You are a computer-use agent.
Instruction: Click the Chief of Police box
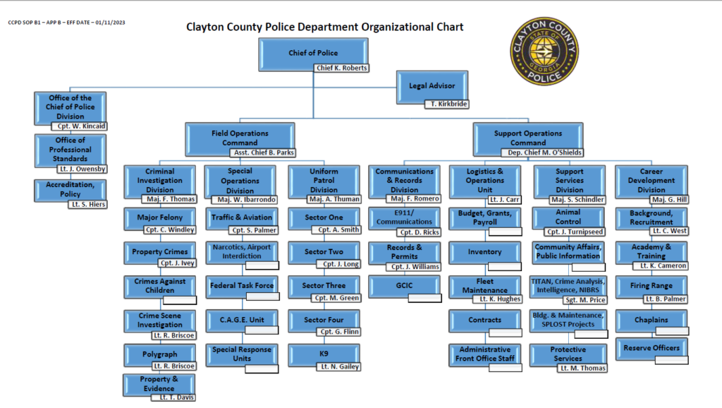click(313, 53)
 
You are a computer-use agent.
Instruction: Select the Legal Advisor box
click(432, 86)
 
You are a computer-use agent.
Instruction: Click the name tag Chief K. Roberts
click(341, 68)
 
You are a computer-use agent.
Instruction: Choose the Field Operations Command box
click(240, 138)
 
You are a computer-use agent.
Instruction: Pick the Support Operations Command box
click(528, 138)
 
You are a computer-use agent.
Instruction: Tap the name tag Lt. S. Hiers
click(87, 204)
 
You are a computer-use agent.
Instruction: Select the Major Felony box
click(159, 217)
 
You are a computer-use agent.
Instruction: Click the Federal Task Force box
click(242, 286)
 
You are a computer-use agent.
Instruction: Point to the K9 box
click(324, 353)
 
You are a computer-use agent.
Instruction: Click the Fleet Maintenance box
click(485, 285)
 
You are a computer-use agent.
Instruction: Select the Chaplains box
click(651, 319)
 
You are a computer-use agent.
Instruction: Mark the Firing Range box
click(651, 286)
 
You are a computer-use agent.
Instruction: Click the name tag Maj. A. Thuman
click(334, 199)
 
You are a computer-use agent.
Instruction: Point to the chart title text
click(324, 28)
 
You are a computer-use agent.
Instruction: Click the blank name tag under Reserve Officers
click(671, 360)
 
